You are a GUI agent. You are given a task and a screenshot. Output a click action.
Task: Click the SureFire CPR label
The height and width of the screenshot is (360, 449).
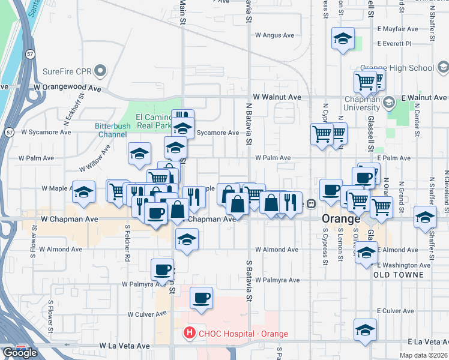(x=66, y=72)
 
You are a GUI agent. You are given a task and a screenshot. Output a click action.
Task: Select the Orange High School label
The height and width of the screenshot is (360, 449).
(x=396, y=68)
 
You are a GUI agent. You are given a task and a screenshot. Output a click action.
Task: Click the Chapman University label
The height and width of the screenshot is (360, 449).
(x=363, y=103)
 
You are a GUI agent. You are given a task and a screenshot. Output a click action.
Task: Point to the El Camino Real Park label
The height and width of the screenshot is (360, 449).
(x=154, y=121)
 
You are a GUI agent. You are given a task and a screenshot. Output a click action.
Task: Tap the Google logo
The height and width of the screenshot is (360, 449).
(x=20, y=353)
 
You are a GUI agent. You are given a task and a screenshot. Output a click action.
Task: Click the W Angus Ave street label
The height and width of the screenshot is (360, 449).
(x=274, y=35)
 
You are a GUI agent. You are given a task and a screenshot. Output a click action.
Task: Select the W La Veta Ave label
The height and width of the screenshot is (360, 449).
(x=125, y=346)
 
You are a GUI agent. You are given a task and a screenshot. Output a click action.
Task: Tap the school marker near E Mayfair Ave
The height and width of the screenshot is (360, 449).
(x=342, y=40)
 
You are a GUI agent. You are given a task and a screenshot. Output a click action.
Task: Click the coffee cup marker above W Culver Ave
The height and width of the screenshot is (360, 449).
(x=201, y=297)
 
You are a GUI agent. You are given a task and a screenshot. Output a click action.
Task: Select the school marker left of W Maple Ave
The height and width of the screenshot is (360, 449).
(x=83, y=191)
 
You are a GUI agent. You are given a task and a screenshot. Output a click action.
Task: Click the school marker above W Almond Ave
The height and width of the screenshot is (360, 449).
(x=187, y=239)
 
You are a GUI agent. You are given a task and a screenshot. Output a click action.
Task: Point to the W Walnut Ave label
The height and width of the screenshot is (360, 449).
(x=277, y=97)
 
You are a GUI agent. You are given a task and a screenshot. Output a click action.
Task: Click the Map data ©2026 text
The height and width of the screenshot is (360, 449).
(x=424, y=355)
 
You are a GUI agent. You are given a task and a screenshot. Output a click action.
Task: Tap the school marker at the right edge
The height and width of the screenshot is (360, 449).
(x=425, y=217)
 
